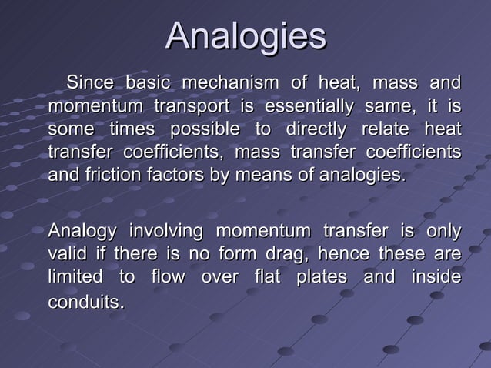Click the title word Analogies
tap(245, 37)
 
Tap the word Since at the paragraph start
tap(90, 82)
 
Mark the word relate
tap(396, 129)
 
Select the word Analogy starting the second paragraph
tap(82, 231)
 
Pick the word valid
tap(66, 254)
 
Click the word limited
tap(74, 277)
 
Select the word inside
tap(439, 277)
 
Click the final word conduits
tap(83, 302)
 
